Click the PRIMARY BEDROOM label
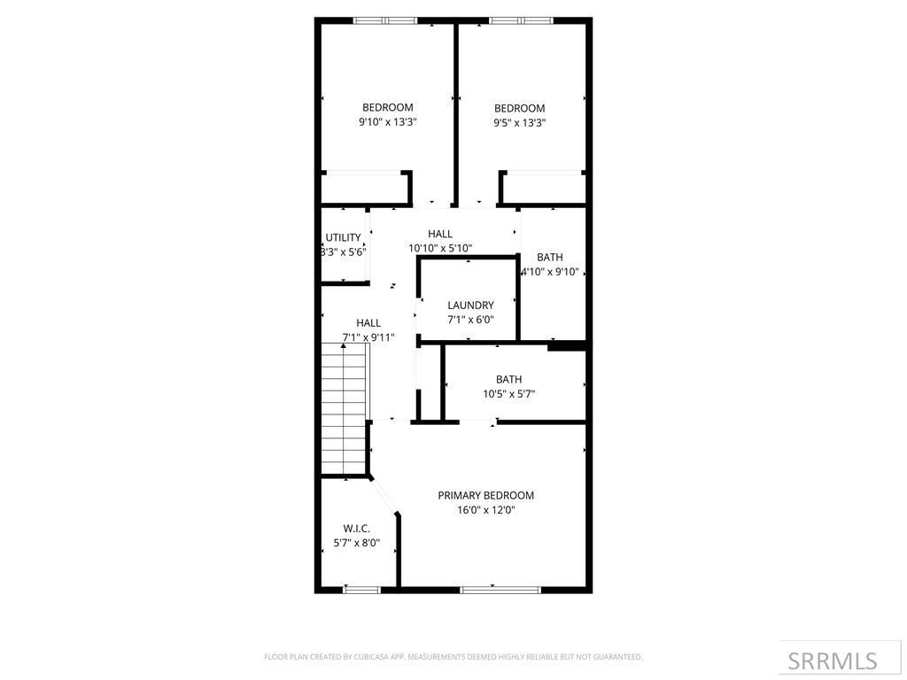coord(485,496)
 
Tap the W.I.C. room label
coord(357,529)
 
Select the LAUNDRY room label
coord(470,305)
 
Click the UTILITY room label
coord(343,237)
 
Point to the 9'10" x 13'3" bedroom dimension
coord(387,122)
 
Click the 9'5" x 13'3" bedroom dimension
coord(519,123)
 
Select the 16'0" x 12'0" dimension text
coord(485,510)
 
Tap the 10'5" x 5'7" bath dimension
coord(508,394)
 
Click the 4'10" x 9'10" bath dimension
coord(549,272)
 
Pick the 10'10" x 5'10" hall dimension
coord(440,249)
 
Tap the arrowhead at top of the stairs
coord(344,346)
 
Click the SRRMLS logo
coord(832,661)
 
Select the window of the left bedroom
coord(385,20)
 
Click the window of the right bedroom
coord(520,20)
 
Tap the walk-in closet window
coord(361,589)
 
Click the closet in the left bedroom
coord(363,189)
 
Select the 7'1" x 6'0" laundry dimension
coord(470,320)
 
